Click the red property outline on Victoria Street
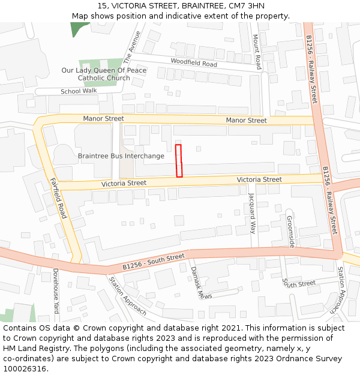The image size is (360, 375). coord(178,161)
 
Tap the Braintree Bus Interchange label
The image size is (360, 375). coord(121,156)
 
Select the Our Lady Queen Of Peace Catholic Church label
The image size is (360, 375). coord(104,74)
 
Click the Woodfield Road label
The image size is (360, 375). coord(194,62)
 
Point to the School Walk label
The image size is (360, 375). coord(79,91)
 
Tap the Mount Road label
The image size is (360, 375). coord(256,51)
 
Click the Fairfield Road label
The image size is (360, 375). coord(57,198)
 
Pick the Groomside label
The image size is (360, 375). coord(290,231)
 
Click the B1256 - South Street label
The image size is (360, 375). coord(154,262)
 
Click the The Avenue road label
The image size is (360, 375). coord(131,47)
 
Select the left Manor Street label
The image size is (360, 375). coord(103,119)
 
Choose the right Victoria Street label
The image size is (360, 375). coord(259,179)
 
